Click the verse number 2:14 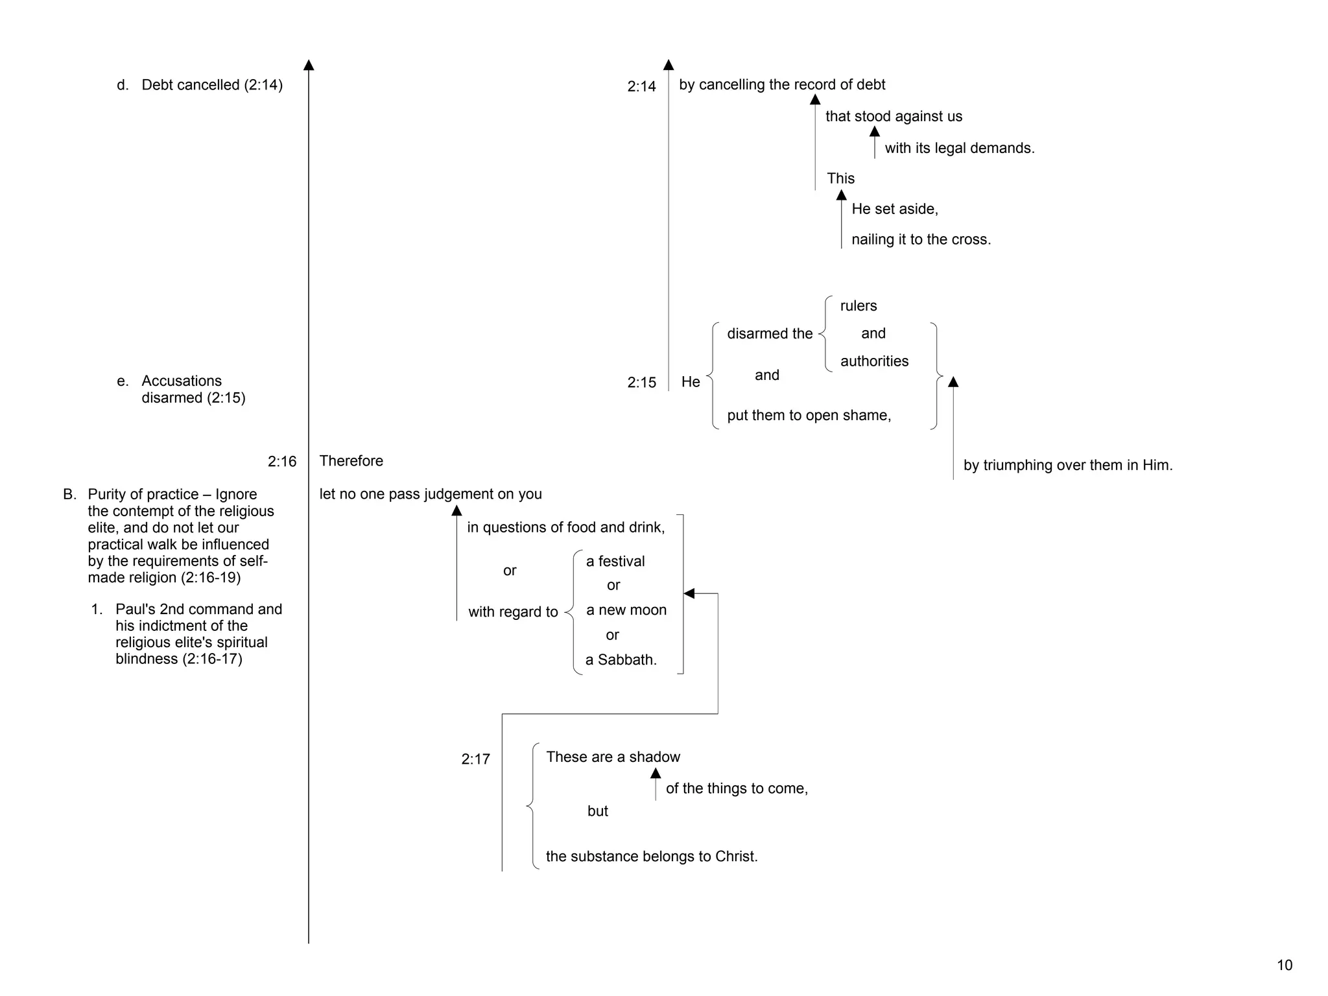tap(641, 86)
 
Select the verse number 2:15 tap(641, 383)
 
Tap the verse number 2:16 tap(282, 462)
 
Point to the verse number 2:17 tap(475, 759)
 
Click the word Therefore tap(351, 461)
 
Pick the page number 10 tap(1285, 965)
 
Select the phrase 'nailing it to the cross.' tap(921, 239)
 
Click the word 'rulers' tap(859, 305)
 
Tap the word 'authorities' tap(874, 361)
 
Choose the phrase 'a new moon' tap(626, 610)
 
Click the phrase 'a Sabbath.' tap(621, 660)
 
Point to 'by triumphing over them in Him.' tap(1068, 465)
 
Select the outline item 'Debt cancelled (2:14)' tap(212, 85)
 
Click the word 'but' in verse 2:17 tap(598, 811)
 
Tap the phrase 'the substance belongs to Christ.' tap(652, 857)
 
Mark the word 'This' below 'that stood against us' tap(840, 178)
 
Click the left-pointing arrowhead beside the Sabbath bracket tap(689, 593)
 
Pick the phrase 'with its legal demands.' tap(959, 148)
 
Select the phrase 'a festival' tap(615, 562)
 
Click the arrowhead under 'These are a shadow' tap(656, 774)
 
